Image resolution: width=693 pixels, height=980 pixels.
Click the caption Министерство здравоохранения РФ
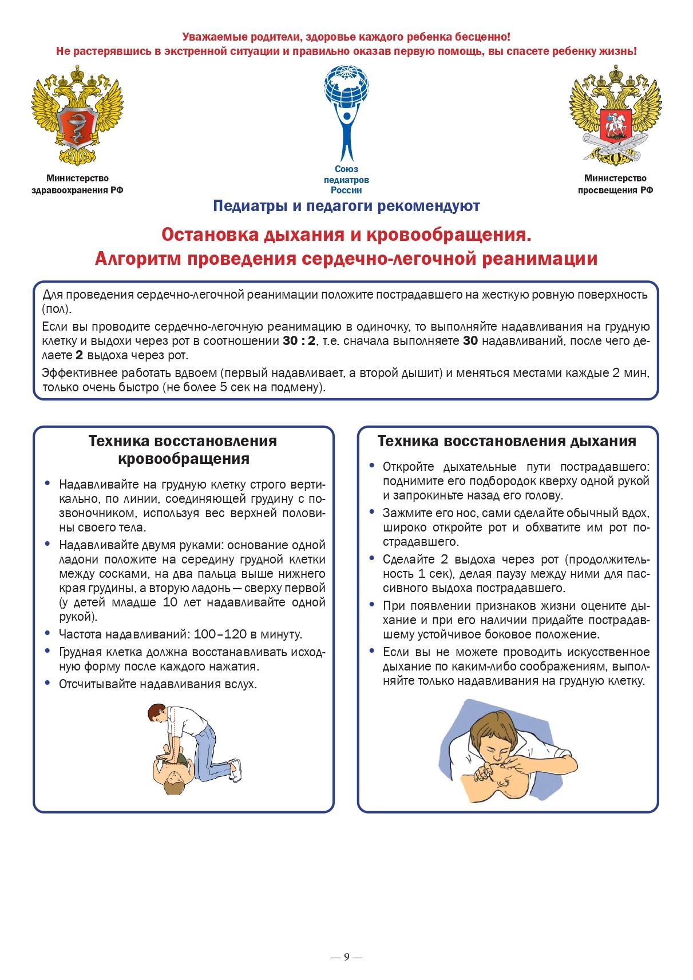click(77, 185)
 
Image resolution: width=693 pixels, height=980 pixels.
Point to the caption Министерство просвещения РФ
click(615, 185)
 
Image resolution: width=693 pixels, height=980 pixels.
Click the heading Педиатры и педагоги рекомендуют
click(346, 206)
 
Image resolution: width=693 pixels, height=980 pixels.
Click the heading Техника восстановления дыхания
click(506, 441)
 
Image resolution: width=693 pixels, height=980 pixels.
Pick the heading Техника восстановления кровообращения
click(183, 450)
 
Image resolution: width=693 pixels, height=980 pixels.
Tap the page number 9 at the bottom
click(346, 957)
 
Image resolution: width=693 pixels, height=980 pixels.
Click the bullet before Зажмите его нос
click(372, 512)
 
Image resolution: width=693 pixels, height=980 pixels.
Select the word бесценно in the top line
click(486, 37)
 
